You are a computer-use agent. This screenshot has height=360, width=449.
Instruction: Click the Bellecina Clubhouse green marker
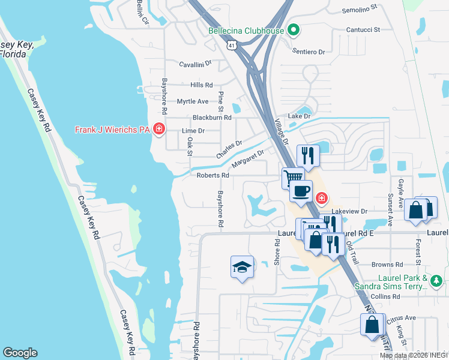click(294, 29)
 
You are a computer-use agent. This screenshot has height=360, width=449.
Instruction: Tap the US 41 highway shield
click(231, 45)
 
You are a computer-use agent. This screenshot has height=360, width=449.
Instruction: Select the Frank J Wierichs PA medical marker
click(158, 130)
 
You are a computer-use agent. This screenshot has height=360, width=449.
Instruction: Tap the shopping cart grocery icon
click(292, 178)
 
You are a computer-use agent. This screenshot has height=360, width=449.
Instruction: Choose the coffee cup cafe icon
click(301, 191)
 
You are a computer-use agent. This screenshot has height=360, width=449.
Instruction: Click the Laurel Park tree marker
click(437, 280)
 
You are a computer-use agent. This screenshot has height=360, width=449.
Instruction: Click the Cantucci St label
click(363, 29)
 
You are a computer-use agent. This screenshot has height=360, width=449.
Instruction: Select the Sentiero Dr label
click(309, 52)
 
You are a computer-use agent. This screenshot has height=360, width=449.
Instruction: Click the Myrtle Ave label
click(192, 101)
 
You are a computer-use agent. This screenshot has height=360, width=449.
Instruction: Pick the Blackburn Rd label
click(211, 118)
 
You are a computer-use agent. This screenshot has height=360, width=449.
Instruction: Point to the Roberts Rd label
click(213, 175)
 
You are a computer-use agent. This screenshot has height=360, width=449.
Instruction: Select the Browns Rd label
click(387, 265)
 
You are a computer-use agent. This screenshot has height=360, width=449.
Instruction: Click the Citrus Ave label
click(402, 317)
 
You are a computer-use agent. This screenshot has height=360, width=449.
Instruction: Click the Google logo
click(20, 353)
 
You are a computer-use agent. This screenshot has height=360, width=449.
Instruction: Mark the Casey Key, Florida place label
click(13, 49)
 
